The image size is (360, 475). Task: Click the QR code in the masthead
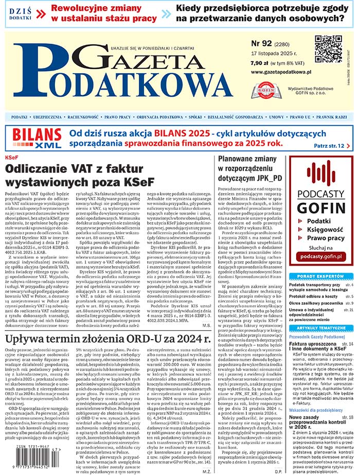[x=328, y=49]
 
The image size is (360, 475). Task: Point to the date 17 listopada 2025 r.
[x=277, y=54]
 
